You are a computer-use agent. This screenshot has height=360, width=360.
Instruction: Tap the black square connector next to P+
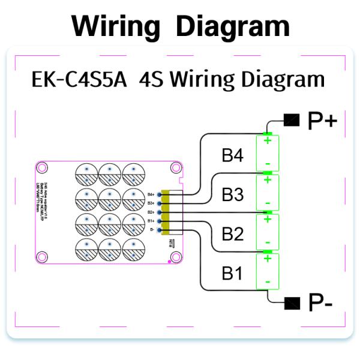pyautogui.click(x=292, y=121)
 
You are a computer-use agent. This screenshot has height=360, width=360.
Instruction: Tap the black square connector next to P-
pyautogui.click(x=292, y=302)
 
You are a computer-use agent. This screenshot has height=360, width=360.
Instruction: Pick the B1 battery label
pyautogui.click(x=232, y=274)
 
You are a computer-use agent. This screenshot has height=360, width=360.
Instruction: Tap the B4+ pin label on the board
pyautogui.click(x=151, y=194)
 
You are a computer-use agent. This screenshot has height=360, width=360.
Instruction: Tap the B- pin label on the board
pyautogui.click(x=152, y=230)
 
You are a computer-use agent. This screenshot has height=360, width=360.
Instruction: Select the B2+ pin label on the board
pyautogui.click(x=151, y=212)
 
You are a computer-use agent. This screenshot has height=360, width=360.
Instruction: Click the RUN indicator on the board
pyautogui.click(x=171, y=244)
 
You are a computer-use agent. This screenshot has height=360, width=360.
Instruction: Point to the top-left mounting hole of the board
pyautogui.click(x=43, y=169)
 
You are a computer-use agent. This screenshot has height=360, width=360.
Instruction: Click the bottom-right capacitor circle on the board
pyautogui.click(x=133, y=248)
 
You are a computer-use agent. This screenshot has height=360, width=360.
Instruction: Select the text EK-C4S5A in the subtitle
pyautogui.click(x=79, y=80)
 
